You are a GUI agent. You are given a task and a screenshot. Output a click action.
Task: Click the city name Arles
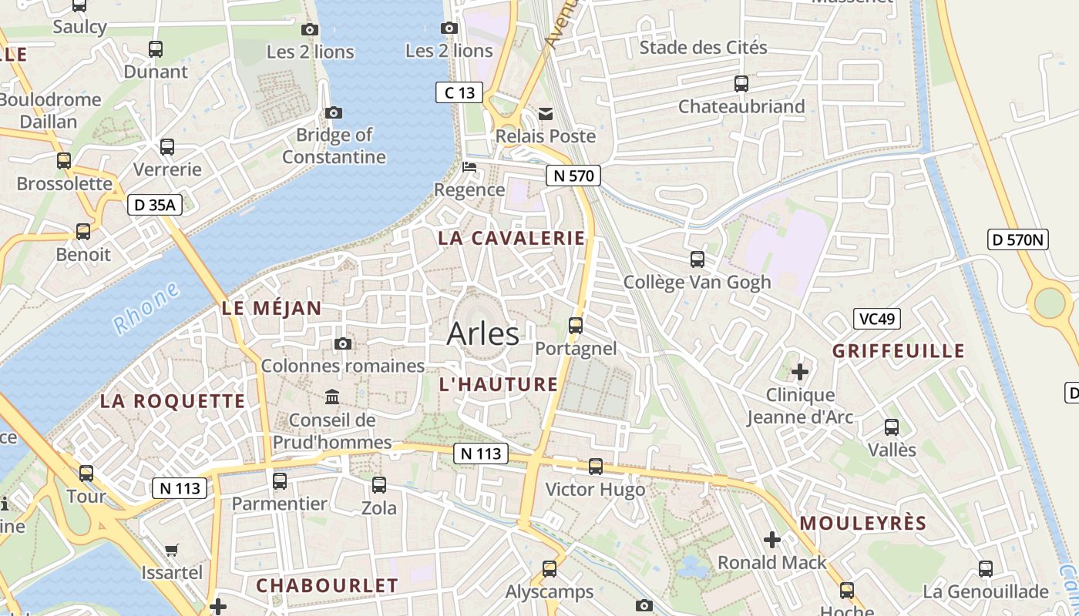click(x=482, y=333)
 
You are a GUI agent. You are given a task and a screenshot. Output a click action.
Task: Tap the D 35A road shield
click(x=154, y=204)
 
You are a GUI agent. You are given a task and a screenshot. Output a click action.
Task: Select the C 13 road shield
click(x=459, y=93)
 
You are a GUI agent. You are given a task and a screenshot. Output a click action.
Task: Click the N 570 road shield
click(x=573, y=176)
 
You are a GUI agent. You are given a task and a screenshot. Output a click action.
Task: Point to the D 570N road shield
click(x=1017, y=239)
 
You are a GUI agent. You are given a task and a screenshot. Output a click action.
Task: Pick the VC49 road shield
click(x=877, y=318)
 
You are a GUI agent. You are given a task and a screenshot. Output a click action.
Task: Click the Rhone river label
click(x=146, y=307)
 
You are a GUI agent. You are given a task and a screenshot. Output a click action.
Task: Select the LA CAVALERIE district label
click(x=512, y=238)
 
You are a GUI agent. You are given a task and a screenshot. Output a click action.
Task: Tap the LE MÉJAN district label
click(x=271, y=309)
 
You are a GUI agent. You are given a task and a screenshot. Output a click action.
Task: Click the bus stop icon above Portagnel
click(x=576, y=326)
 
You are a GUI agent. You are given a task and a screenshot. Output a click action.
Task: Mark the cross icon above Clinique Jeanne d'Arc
click(x=800, y=373)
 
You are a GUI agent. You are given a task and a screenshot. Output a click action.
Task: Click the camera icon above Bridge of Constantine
click(x=334, y=113)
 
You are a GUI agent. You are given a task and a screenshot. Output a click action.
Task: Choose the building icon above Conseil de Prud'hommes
click(x=332, y=397)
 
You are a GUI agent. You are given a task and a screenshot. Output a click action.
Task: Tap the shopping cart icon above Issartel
click(x=172, y=550)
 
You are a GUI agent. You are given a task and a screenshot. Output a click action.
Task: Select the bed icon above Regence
click(x=469, y=167)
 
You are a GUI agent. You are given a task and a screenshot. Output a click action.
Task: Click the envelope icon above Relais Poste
click(x=546, y=114)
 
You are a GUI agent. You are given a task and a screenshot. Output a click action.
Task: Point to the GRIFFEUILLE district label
click(x=898, y=351)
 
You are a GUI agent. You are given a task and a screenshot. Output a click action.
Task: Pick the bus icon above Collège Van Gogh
click(x=697, y=259)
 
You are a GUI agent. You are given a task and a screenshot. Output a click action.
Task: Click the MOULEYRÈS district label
click(x=862, y=524)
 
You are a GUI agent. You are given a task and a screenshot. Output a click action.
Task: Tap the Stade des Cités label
click(x=704, y=48)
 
